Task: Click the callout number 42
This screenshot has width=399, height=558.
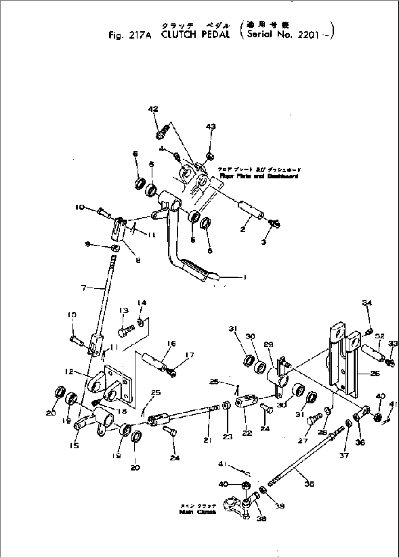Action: (153, 109)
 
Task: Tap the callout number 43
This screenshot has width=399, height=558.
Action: (210, 126)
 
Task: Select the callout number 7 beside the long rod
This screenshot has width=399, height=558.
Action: (84, 288)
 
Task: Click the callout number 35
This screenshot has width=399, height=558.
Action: (309, 484)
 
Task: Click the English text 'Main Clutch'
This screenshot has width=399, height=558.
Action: (198, 512)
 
